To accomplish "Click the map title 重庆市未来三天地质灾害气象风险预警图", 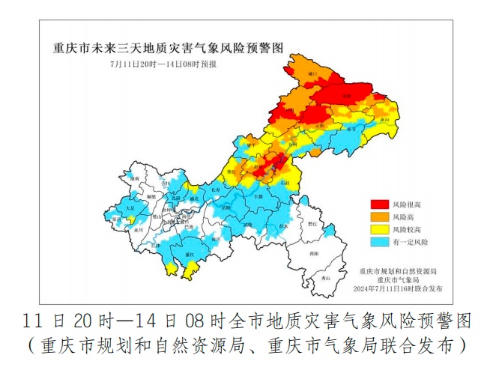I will point(169,49).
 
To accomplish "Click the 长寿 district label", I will point(216,190).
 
